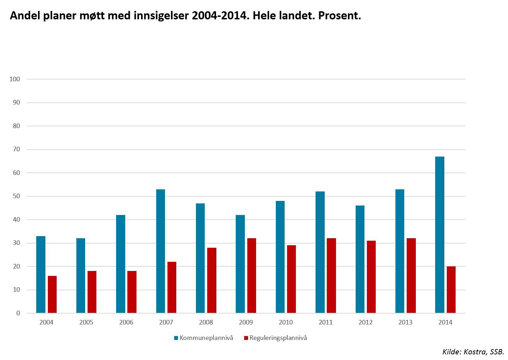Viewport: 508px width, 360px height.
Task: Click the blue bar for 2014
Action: pos(439,235)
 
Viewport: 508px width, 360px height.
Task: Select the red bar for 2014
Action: pos(451,290)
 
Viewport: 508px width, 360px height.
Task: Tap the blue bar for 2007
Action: pos(160,251)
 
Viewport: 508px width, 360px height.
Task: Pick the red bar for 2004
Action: pos(52,294)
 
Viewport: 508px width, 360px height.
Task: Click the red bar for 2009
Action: pos(252,276)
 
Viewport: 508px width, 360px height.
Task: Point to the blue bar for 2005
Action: pos(81,276)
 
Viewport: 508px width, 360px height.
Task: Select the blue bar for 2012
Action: pos(360,259)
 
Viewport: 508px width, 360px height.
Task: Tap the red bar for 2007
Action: pos(172,287)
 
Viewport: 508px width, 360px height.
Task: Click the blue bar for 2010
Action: pos(280,257)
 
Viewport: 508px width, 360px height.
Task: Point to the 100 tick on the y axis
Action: pos(15,79)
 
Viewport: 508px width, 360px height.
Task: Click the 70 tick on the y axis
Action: pos(16,149)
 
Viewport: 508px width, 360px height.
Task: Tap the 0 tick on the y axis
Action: pos(18,313)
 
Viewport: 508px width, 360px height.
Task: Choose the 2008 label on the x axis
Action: pos(206,322)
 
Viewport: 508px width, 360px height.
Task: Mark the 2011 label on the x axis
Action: pos(325,322)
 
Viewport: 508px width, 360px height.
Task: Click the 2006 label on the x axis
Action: pos(126,322)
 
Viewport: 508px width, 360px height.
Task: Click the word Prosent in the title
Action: pos(339,16)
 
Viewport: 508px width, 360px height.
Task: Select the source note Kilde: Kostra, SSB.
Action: pos(473,352)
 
